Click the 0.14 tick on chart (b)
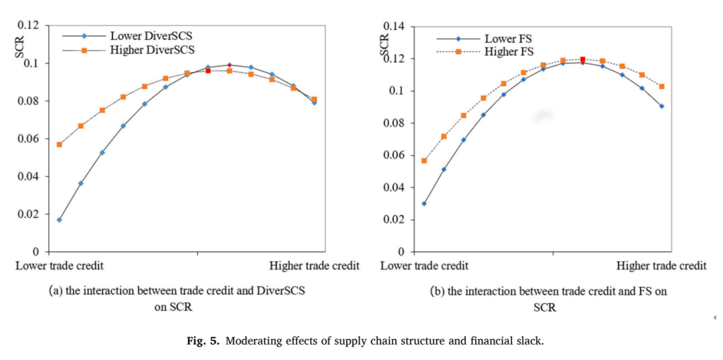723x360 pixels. [396, 27]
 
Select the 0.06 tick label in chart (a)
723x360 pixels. [30, 139]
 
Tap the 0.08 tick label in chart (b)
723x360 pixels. [396, 123]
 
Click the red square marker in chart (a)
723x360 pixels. [208, 70]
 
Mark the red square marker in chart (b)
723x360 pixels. [583, 60]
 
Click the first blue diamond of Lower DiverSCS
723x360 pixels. [59, 220]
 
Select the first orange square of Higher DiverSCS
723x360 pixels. [59, 145]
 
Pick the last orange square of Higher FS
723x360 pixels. [661, 86]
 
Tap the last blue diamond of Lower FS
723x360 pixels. [661, 106]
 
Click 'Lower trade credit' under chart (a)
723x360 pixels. [60, 266]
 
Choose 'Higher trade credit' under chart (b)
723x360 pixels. [661, 266]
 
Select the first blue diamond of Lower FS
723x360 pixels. [424, 203]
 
